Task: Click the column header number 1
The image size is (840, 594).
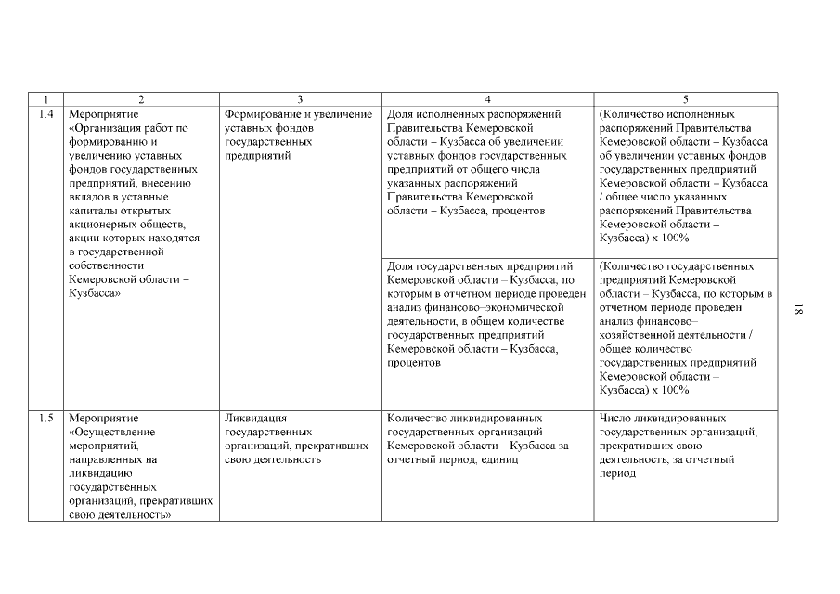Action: pos(45,99)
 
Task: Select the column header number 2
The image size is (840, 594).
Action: pos(141,99)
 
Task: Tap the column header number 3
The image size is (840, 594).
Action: pos(300,99)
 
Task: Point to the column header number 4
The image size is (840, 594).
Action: pos(488,99)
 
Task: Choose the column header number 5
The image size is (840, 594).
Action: pos(686,99)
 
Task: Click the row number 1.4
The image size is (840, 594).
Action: pos(46,114)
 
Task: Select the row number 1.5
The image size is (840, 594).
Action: pos(46,419)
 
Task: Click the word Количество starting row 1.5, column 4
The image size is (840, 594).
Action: pos(417,419)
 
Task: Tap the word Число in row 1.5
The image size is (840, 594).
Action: pos(616,419)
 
